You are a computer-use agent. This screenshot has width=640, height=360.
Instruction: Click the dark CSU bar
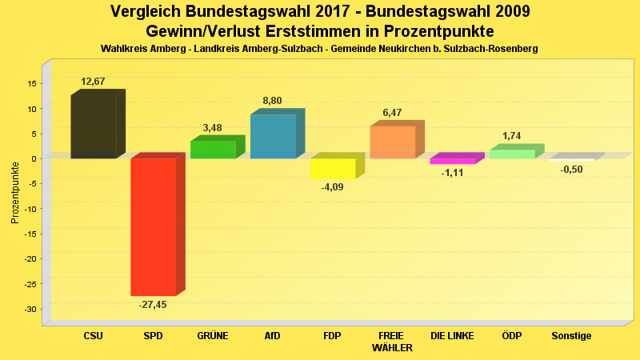[x=94, y=126]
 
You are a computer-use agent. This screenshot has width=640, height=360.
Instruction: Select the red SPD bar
[x=153, y=226]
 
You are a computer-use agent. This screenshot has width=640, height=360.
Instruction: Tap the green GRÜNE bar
[x=213, y=150]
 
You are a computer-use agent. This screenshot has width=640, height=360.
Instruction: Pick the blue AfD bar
[x=273, y=136]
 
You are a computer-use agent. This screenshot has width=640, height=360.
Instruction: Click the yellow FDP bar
[x=332, y=168]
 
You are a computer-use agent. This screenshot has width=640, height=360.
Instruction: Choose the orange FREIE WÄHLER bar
[x=392, y=142]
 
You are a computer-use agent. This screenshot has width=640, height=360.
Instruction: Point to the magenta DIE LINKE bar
[x=452, y=161]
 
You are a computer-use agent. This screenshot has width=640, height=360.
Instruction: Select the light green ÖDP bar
[x=512, y=154]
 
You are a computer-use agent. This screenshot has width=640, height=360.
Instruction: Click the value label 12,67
[x=93, y=82]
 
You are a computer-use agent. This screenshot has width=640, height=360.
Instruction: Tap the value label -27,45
[x=152, y=305]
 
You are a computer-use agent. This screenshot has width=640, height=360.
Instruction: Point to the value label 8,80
[x=272, y=101]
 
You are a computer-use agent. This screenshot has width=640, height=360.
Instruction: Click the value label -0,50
[x=571, y=170]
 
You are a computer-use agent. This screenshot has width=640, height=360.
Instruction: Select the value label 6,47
[x=392, y=113]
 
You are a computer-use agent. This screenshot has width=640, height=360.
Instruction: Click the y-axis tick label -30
[x=31, y=309]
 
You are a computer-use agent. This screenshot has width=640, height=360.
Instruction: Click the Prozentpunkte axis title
[x=15, y=192]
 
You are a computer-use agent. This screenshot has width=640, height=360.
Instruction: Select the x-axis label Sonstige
[x=571, y=336]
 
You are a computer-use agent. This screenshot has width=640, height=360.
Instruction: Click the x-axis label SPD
[x=153, y=336]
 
